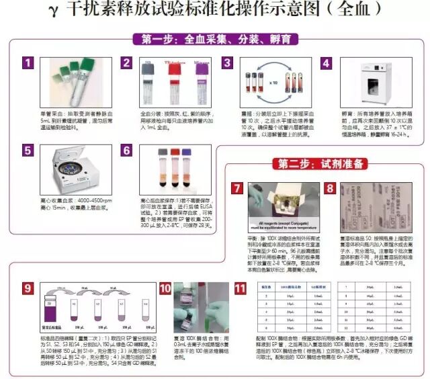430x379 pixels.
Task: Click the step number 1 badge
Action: pyautogui.click(x=28, y=63)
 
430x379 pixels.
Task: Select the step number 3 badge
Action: pyautogui.click(x=227, y=63)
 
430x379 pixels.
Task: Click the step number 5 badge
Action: pyautogui.click(x=28, y=151)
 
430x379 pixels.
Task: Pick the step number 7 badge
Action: pyautogui.click(x=237, y=189)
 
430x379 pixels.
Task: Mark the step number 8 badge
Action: pyautogui.click(x=331, y=189)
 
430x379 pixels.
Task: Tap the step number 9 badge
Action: pyautogui.click(x=28, y=289)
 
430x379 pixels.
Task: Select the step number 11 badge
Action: pyautogui.click(x=240, y=289)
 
